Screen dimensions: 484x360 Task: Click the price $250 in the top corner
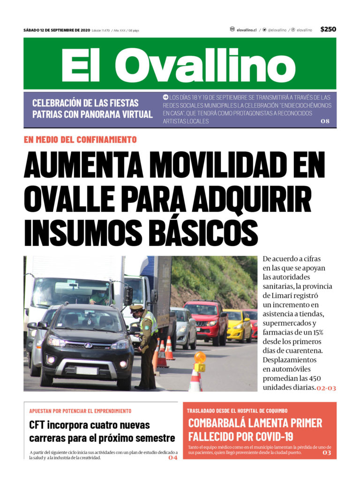(x=328, y=29)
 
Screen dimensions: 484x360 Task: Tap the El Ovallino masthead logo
(x=180, y=64)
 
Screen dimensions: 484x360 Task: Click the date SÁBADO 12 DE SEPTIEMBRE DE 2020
(x=57, y=30)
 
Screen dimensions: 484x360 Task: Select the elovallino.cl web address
(x=246, y=30)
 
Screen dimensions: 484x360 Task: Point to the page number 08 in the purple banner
(x=325, y=121)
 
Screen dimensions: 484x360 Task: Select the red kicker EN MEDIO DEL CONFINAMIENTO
(x=80, y=140)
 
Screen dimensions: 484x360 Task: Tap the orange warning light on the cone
(x=200, y=358)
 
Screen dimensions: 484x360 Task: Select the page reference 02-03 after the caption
(x=326, y=388)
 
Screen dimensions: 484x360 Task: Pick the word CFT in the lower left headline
(x=40, y=425)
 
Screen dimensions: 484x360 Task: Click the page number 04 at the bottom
(x=173, y=458)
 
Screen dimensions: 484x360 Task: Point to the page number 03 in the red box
(x=326, y=453)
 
